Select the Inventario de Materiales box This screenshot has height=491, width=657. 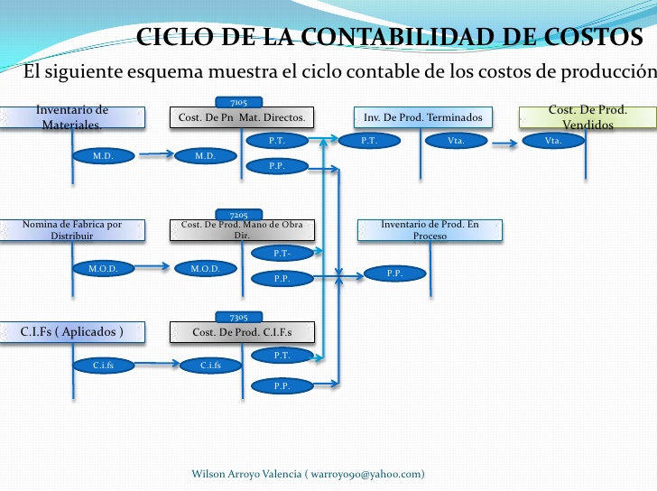(x=72, y=117)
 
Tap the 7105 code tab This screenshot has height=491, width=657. (x=239, y=102)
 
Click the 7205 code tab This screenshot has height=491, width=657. (x=239, y=215)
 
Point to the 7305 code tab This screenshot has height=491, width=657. (x=239, y=317)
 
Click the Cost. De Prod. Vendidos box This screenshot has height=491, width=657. (x=588, y=117)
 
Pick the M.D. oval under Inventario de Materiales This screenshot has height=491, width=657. (x=103, y=155)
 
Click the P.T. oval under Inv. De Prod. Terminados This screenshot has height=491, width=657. (x=369, y=141)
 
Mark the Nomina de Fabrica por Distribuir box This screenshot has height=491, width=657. (x=72, y=229)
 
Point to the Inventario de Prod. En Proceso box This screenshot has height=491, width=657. (x=430, y=229)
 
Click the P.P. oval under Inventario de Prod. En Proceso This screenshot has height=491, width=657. (x=394, y=273)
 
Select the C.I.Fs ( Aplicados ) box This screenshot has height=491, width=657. (x=72, y=332)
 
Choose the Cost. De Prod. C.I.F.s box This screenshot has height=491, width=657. (x=242, y=332)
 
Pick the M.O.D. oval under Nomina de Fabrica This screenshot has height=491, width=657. (x=103, y=268)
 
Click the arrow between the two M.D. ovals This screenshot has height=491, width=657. (x=154, y=154)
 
